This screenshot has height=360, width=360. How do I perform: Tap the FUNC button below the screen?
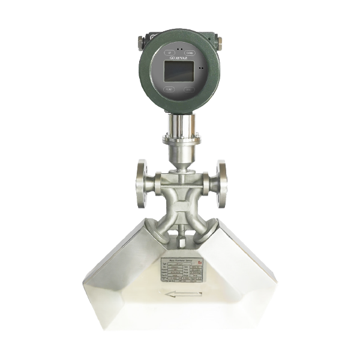pyautogui.click(x=169, y=89)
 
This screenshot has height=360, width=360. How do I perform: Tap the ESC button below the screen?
pyautogui.click(x=190, y=90)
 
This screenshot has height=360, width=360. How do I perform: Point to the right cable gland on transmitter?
pyautogui.click(x=220, y=43)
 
